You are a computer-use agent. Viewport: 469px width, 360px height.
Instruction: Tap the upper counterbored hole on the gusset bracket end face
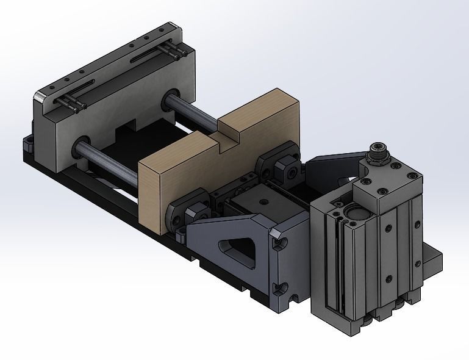pos(281,244)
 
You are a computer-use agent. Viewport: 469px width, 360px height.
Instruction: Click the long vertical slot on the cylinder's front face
pos(332,268)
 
